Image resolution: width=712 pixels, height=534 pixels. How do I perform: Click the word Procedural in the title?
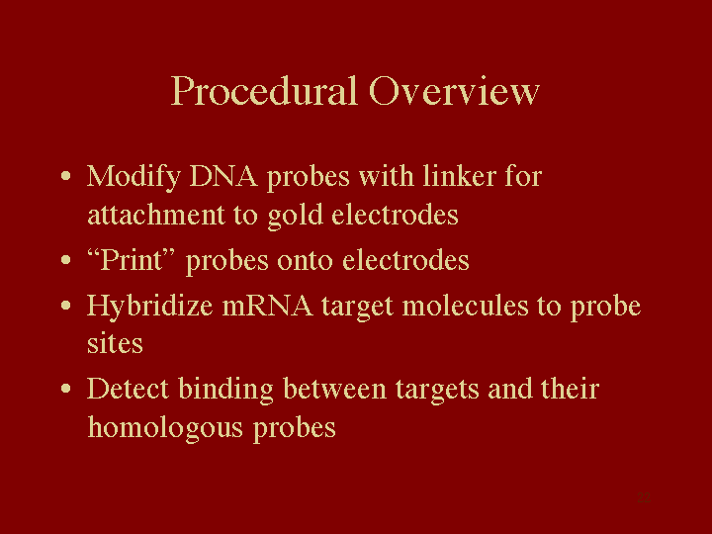(x=264, y=92)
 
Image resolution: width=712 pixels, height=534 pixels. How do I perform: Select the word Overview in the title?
(x=455, y=91)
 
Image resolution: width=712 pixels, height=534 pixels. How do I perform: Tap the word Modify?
(x=133, y=177)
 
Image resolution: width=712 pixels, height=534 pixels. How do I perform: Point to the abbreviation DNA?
(x=223, y=176)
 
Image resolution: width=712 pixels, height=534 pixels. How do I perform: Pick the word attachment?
(x=156, y=215)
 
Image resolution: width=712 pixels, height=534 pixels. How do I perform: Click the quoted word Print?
(x=132, y=260)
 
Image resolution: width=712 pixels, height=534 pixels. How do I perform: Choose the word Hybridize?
(x=150, y=307)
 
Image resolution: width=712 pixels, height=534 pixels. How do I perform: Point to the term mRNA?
(x=267, y=306)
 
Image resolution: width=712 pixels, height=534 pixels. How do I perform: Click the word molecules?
(x=466, y=305)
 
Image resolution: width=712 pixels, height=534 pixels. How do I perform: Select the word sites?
(x=115, y=343)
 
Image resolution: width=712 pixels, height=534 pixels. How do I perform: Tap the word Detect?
(x=128, y=389)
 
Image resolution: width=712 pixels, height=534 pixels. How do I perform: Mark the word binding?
(x=226, y=390)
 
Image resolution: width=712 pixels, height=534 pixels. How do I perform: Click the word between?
(x=334, y=389)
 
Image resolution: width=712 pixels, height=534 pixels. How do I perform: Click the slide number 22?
(x=644, y=497)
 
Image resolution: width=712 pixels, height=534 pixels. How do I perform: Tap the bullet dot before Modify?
(x=66, y=176)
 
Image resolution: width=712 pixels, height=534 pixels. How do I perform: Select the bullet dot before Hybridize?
(x=66, y=306)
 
